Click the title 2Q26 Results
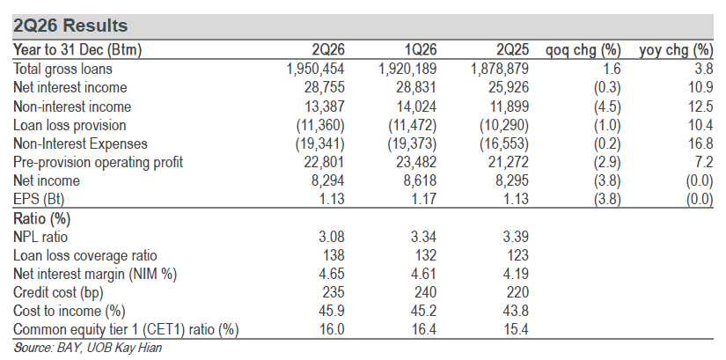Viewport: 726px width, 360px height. (x=70, y=26)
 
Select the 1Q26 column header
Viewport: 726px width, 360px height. (x=419, y=49)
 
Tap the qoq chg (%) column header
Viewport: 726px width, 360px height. (x=583, y=50)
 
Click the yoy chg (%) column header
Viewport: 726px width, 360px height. (x=676, y=50)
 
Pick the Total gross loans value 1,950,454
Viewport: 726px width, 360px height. (x=315, y=69)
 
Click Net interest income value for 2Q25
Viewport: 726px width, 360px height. (x=509, y=87)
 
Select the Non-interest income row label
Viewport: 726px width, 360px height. (x=72, y=107)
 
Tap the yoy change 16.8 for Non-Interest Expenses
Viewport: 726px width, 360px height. (x=700, y=143)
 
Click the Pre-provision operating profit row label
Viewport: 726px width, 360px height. (x=98, y=162)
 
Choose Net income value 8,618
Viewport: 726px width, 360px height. (x=420, y=180)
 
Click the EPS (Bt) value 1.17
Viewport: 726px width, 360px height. (x=423, y=199)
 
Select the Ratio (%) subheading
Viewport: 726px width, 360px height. (x=41, y=218)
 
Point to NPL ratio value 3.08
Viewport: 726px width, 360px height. (x=332, y=237)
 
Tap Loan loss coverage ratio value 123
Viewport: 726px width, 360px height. (x=517, y=255)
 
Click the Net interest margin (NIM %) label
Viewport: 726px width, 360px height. (x=95, y=274)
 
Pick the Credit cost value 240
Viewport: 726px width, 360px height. (x=425, y=292)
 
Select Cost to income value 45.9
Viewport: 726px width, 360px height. (x=332, y=311)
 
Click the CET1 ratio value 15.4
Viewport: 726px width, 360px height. (x=516, y=329)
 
